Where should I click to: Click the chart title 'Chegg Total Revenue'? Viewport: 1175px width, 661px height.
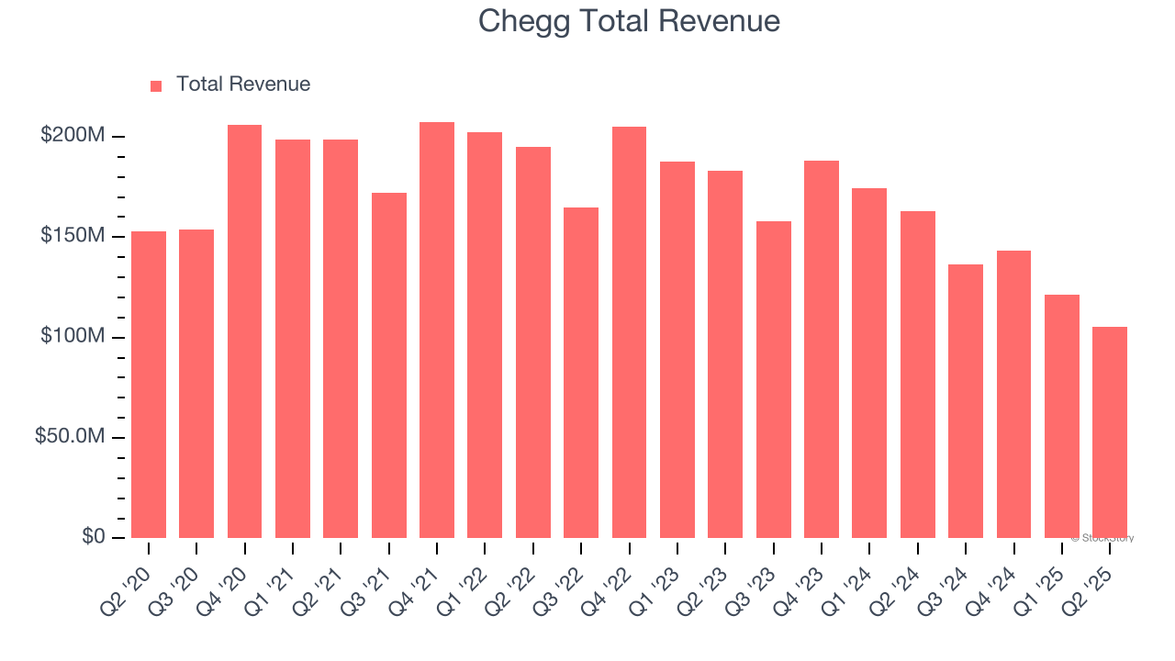click(629, 21)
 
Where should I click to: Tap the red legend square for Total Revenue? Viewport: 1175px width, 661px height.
click(156, 85)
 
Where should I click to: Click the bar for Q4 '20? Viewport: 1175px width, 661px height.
click(244, 330)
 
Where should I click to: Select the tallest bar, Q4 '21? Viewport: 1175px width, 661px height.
click(437, 330)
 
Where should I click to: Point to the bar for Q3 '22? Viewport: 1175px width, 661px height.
click(581, 372)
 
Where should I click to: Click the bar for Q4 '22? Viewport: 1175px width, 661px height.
click(629, 331)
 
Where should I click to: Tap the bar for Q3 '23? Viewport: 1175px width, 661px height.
click(773, 379)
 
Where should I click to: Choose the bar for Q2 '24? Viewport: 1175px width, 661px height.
click(917, 374)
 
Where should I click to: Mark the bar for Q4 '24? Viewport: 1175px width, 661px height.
click(1013, 394)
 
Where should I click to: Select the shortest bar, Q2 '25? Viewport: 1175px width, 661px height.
click(1109, 431)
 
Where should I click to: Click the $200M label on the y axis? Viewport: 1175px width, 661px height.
click(73, 136)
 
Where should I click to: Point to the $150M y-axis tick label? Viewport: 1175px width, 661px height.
click(73, 236)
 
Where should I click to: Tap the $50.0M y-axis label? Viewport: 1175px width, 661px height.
click(70, 436)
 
